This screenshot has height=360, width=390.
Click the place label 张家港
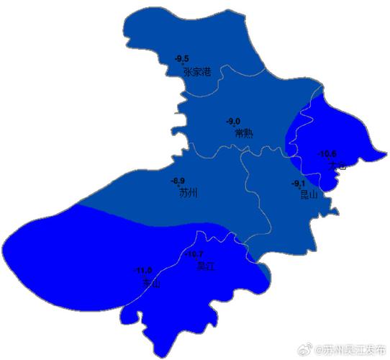[196, 72]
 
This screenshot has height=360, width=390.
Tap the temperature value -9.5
[182, 58]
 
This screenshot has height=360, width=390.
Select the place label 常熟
[244, 133]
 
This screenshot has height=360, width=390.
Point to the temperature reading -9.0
[233, 121]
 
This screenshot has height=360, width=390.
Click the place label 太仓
[337, 166]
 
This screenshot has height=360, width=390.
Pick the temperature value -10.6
[327, 153]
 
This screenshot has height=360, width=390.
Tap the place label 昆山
[308, 194]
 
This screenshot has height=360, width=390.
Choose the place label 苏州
[188, 193]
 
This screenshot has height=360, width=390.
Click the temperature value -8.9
[177, 181]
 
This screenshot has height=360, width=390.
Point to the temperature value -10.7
[194, 254]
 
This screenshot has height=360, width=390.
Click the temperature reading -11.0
[142, 271]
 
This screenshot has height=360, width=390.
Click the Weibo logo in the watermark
[304, 349]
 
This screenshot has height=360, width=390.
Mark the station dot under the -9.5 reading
[183, 64]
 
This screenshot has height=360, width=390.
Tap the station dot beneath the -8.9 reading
[179, 186]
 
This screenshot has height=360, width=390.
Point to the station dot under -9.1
[299, 189]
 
